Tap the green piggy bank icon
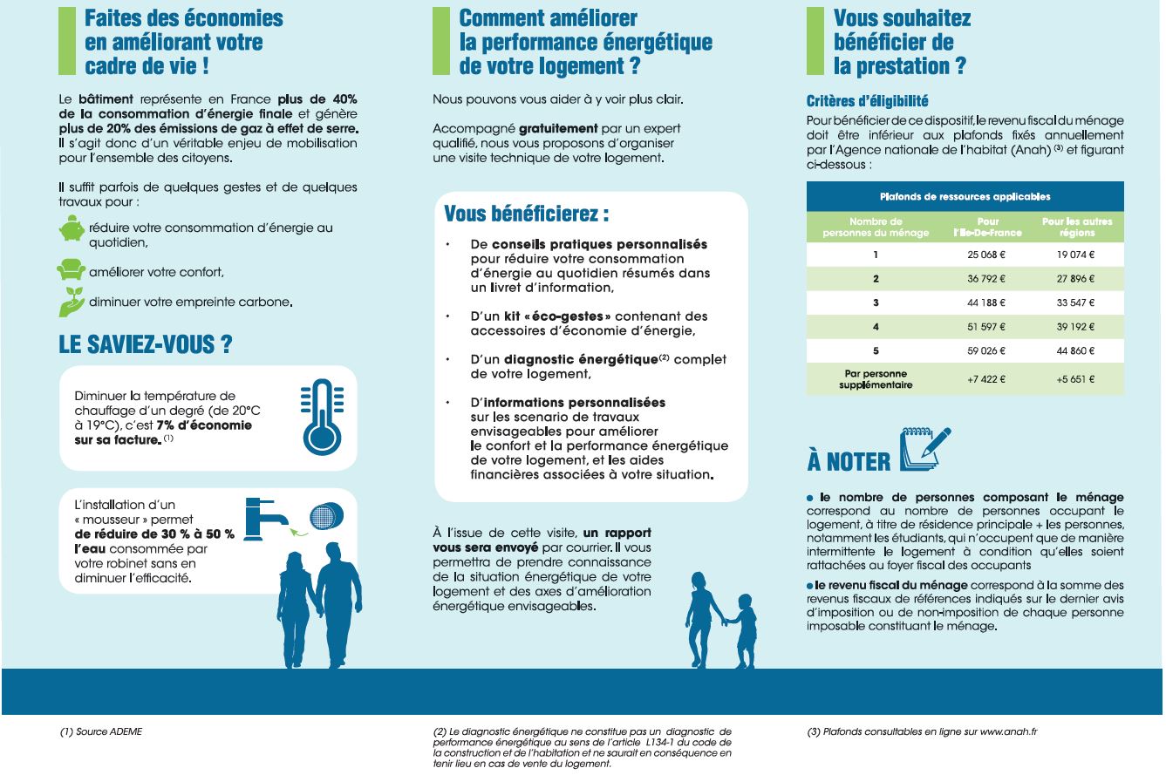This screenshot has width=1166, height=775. click(72, 229)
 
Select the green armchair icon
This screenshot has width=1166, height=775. click(71, 270)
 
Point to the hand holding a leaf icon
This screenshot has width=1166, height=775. click(71, 301)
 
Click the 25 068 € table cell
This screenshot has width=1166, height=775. click(988, 255)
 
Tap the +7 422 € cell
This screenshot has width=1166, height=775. click(988, 380)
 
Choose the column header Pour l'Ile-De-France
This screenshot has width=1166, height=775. click(988, 228)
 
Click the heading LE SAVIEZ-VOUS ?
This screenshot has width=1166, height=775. click(145, 344)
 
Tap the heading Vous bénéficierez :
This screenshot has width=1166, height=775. click(526, 214)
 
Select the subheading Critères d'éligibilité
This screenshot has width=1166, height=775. click(867, 101)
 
